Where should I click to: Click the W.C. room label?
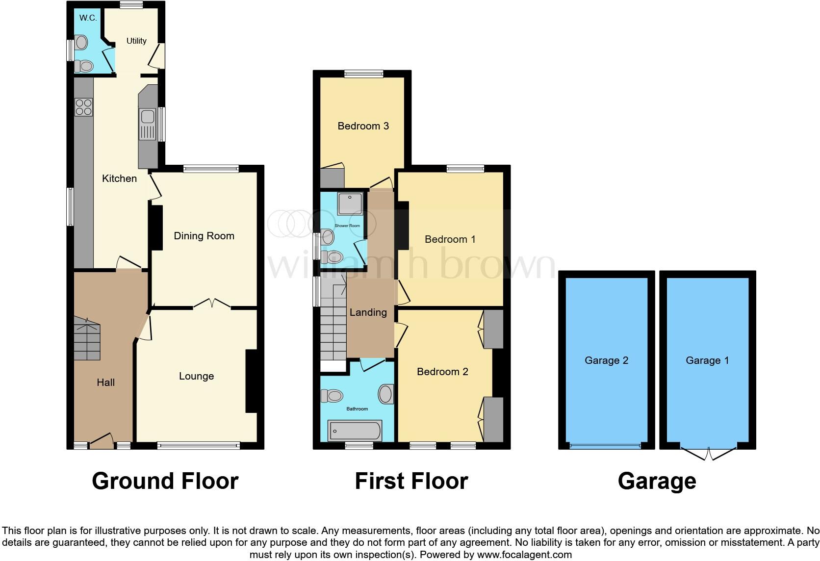click(88, 18)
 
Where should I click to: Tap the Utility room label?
click(136, 41)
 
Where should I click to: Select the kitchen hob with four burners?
click(83, 107)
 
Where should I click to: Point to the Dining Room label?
click(204, 236)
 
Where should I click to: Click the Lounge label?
click(196, 376)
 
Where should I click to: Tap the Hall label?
click(105, 382)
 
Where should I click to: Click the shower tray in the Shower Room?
click(350, 204)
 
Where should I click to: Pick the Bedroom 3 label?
click(363, 126)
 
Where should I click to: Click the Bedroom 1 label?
click(450, 239)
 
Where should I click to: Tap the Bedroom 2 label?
click(442, 372)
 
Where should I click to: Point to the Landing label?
click(368, 312)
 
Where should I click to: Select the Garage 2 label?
click(606, 360)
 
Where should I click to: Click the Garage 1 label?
click(707, 360)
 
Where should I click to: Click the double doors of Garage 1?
click(708, 454)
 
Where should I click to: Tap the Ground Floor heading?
click(165, 481)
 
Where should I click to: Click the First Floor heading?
click(411, 481)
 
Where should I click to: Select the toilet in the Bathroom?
click(332, 395)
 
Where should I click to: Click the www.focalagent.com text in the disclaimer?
click(524, 555)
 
